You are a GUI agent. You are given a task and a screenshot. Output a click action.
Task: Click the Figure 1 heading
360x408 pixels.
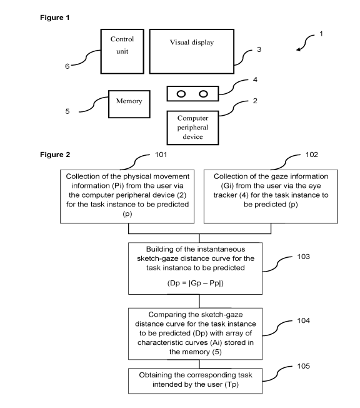click(x=55, y=18)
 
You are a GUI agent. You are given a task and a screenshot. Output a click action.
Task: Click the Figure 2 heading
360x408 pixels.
click(x=55, y=155)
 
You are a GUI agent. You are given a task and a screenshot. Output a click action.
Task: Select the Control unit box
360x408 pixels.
click(x=122, y=51)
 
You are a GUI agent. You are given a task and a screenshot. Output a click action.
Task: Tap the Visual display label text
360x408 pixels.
click(x=192, y=43)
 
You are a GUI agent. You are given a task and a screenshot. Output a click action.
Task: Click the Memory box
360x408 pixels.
click(x=129, y=104)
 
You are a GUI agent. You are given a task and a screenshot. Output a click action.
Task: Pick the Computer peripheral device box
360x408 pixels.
click(x=192, y=128)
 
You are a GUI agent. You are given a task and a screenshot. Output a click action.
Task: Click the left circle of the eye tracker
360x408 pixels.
click(x=181, y=94)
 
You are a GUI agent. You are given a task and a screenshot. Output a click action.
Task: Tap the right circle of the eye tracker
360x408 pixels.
click(x=203, y=94)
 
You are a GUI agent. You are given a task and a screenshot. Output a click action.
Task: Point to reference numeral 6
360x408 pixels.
click(x=67, y=66)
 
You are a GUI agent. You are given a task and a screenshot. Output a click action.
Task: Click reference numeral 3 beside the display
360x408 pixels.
click(x=259, y=49)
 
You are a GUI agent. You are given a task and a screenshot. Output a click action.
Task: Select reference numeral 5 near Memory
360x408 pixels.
click(x=67, y=111)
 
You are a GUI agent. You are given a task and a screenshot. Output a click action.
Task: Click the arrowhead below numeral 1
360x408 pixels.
click(x=299, y=49)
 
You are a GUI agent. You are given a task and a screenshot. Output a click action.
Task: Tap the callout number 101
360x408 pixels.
click(x=161, y=155)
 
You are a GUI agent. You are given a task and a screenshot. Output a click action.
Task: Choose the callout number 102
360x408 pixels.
click(x=312, y=155)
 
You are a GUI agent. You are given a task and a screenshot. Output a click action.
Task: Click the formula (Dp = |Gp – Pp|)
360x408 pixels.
click(x=196, y=283)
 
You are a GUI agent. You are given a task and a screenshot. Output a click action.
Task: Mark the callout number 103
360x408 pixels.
click(x=303, y=257)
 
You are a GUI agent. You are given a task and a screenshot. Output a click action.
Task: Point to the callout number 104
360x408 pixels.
click(x=303, y=320)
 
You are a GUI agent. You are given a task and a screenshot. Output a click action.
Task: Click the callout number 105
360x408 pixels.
click(x=303, y=366)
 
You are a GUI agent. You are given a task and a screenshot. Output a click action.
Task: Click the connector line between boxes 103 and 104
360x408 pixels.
click(x=199, y=302)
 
